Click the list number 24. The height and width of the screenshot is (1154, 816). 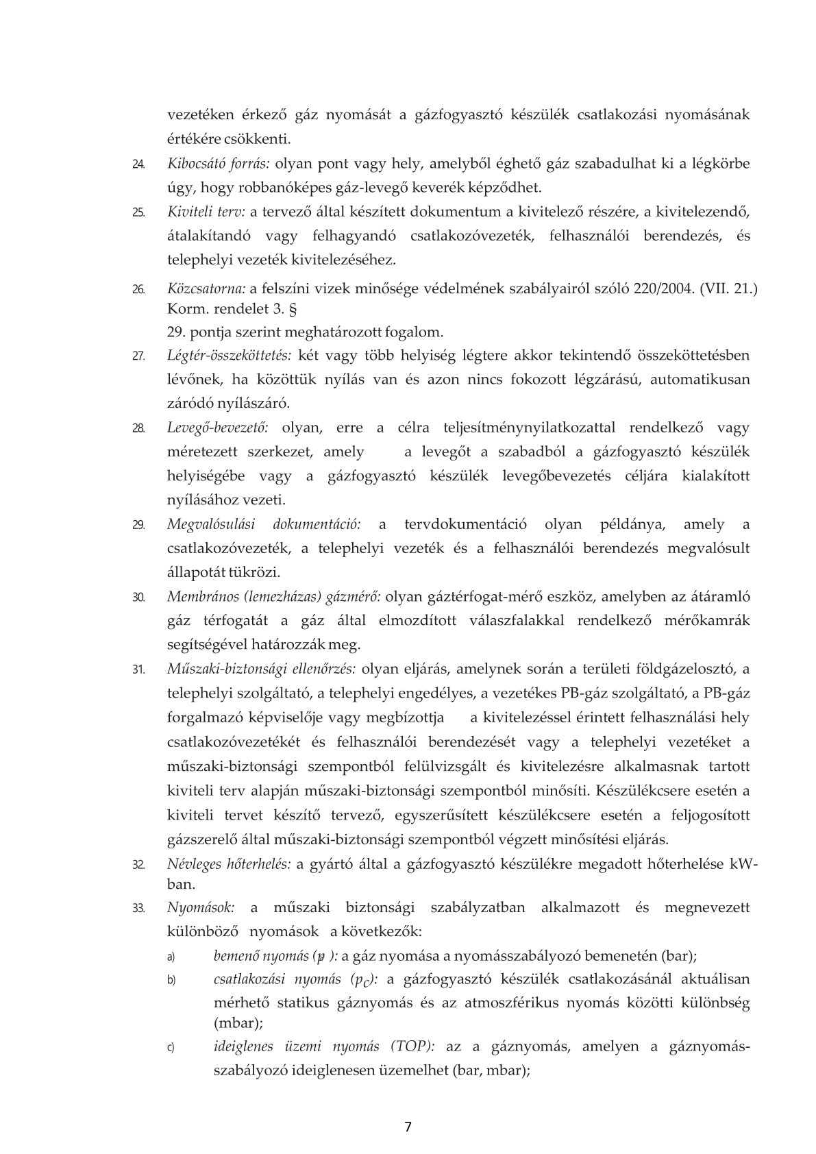138,165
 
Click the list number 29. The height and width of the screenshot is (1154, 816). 138,526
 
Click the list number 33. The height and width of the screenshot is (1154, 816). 138,909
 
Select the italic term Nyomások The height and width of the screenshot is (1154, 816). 201,908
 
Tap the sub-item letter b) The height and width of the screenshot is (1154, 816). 172,981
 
